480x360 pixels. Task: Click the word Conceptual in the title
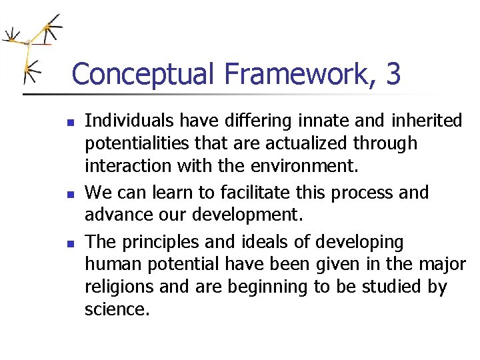[x=141, y=74]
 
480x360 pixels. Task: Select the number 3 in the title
[x=393, y=74]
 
